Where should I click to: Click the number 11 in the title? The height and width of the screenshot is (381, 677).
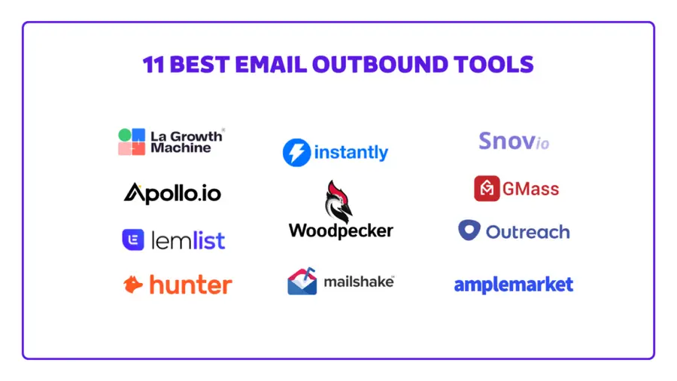click(153, 64)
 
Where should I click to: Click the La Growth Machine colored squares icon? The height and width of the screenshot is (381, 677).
click(132, 142)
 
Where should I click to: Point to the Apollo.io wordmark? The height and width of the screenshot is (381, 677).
click(172, 193)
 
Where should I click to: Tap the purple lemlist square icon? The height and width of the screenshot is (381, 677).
click(133, 239)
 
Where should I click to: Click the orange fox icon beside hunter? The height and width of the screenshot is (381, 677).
click(133, 284)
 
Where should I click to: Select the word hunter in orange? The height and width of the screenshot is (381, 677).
click(190, 285)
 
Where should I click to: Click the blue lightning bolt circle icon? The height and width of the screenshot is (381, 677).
click(296, 152)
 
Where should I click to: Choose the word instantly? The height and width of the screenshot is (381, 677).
click(351, 153)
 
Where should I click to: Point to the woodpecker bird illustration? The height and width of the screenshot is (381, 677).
click(338, 200)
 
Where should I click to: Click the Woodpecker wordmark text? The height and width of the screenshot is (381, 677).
click(341, 230)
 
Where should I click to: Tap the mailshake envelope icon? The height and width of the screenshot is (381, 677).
click(302, 282)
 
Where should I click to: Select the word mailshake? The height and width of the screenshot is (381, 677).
click(359, 282)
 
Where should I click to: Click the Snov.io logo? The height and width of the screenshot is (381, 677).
click(513, 141)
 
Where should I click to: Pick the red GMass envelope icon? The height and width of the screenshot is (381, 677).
click(487, 188)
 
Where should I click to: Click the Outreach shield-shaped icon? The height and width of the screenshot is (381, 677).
click(469, 230)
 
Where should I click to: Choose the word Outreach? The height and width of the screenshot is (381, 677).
click(527, 231)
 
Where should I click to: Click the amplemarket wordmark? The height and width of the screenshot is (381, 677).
click(513, 285)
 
